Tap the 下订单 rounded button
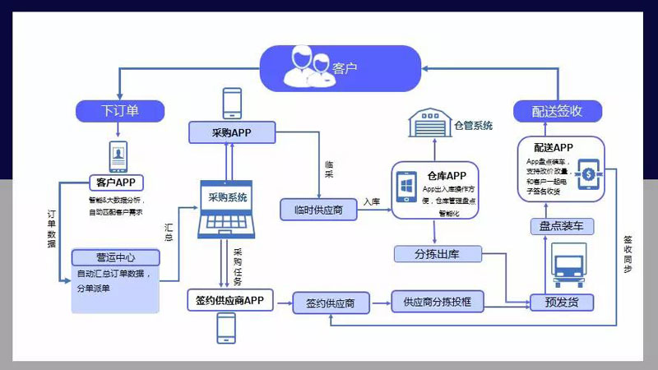120,109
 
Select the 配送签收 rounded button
557,111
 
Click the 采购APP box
230,132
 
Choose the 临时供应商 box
318,209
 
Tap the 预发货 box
562,302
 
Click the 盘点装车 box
562,226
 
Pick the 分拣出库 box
437,254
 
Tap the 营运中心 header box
115,257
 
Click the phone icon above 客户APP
119,155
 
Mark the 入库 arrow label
373,201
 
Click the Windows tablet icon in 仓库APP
407,186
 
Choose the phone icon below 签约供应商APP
227,327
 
